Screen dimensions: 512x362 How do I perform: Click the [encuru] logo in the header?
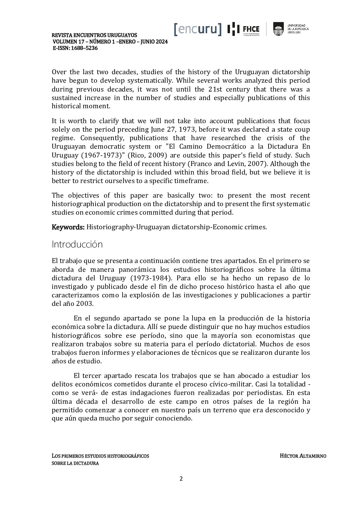(x=198, y=29)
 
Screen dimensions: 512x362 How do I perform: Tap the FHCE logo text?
(x=251, y=29)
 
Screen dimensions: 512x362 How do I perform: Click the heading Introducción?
(x=77, y=244)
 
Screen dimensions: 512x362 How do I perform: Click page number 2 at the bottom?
(x=181, y=479)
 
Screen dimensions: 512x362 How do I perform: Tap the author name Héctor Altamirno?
(x=303, y=456)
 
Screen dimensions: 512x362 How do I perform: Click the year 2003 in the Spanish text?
(x=85, y=304)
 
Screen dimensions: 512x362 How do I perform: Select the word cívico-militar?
(x=233, y=384)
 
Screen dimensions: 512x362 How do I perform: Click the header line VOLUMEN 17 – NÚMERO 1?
(x=110, y=42)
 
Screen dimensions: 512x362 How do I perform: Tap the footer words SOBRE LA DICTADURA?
(x=75, y=463)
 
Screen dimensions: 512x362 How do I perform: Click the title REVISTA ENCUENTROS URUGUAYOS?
(x=94, y=35)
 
